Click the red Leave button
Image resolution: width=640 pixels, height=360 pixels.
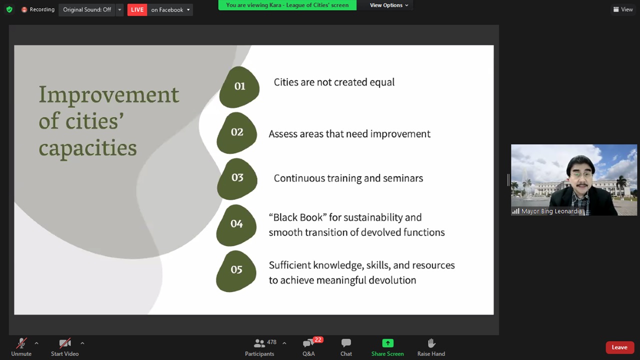coord(619,347)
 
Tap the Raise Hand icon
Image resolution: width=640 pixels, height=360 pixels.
coord(431,343)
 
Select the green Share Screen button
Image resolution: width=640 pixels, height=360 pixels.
coord(387,343)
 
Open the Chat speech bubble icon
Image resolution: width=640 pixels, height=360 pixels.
coord(346,343)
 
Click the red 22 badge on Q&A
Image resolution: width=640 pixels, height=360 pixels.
coord(317,339)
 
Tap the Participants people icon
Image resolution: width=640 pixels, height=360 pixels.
coord(259,343)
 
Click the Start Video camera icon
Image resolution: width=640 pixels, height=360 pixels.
coord(65,343)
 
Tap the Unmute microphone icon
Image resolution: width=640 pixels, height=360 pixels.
coord(21,343)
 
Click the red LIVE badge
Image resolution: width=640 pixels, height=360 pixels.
coord(137,9)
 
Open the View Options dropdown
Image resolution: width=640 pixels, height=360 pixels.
coord(389,5)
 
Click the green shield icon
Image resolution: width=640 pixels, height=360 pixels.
coord(9,9)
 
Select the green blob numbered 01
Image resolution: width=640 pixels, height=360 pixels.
coord(239,87)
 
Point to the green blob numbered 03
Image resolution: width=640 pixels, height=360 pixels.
coord(237,179)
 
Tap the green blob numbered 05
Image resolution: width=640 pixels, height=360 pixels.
coord(236,271)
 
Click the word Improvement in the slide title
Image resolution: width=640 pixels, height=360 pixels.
coord(109,95)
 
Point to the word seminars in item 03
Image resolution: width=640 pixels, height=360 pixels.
coord(403,178)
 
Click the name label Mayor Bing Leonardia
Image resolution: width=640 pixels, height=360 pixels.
coord(551,211)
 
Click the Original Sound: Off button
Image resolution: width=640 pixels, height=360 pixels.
coord(87,9)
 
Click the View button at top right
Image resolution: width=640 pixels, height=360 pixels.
coord(623,9)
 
